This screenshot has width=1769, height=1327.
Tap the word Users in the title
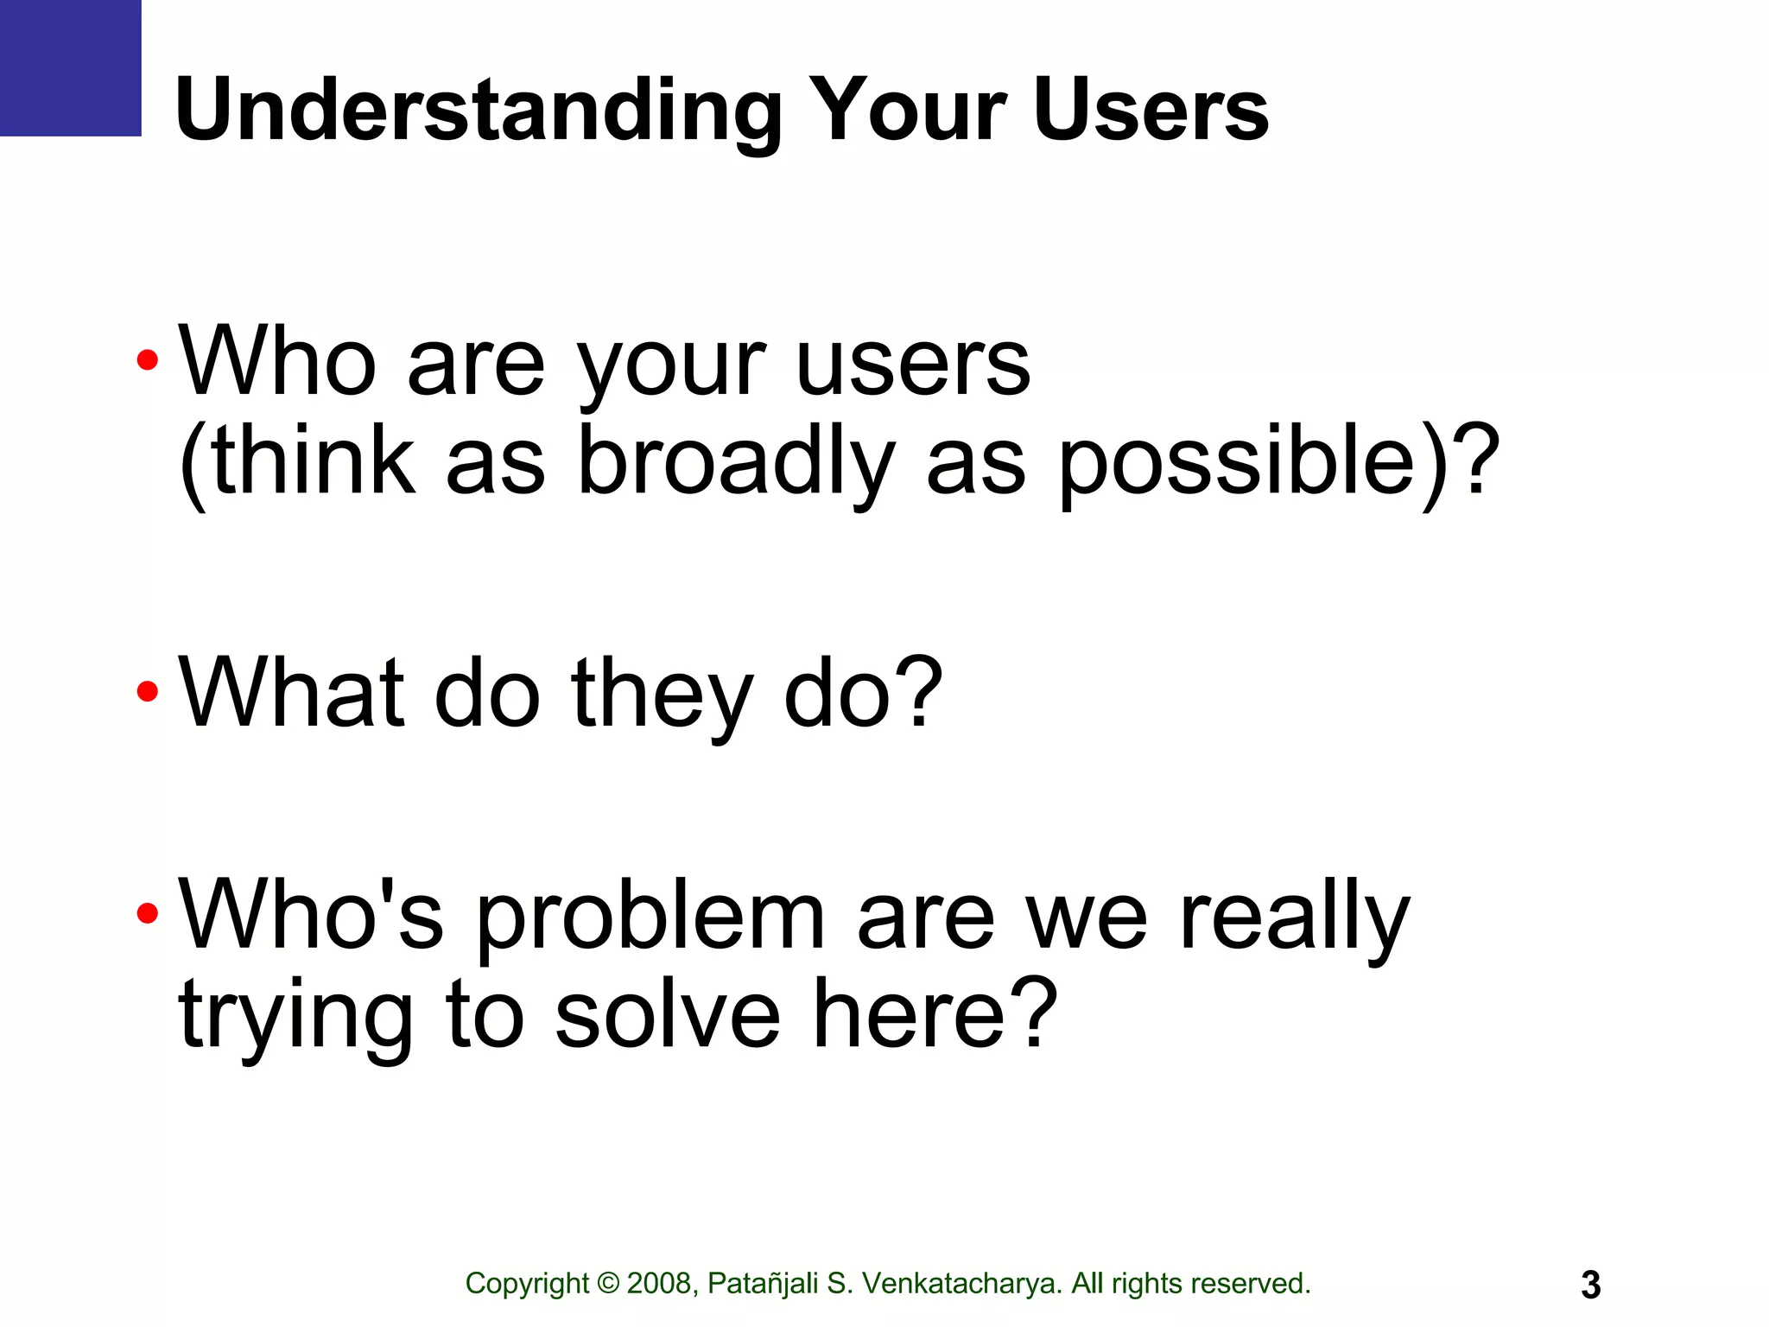[x=1150, y=111]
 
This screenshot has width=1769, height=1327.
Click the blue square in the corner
[x=70, y=67]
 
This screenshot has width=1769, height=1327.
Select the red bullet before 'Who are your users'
[x=148, y=359]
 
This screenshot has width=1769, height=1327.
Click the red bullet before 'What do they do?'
[x=148, y=691]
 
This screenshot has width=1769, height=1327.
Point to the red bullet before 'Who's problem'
[x=148, y=913]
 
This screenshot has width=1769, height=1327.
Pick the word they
[x=662, y=693]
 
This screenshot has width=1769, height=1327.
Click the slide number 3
[x=1590, y=1285]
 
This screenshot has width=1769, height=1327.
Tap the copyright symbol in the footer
[x=608, y=1284]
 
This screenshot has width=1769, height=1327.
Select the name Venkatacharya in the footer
[x=961, y=1284]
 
